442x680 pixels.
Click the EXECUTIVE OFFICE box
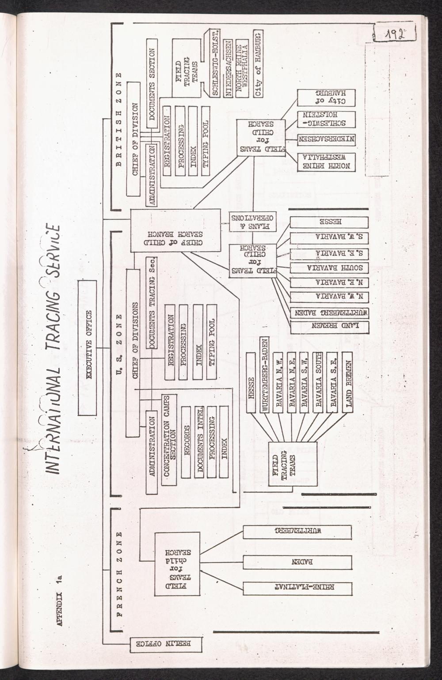[87, 347]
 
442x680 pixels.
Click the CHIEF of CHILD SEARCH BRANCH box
[175, 230]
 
